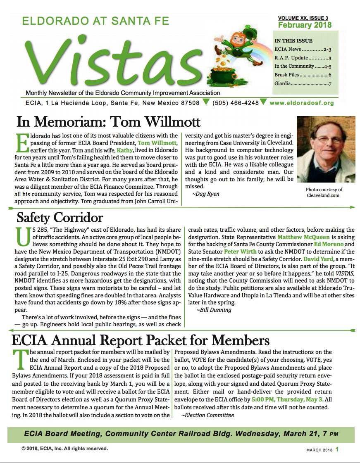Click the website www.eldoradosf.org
(301, 103)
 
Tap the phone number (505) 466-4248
(235, 103)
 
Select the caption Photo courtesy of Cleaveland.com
(324, 192)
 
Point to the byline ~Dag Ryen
(205, 194)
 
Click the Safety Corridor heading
(60, 217)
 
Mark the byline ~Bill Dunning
(214, 310)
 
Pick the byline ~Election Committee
(207, 415)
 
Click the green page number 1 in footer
(337, 449)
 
